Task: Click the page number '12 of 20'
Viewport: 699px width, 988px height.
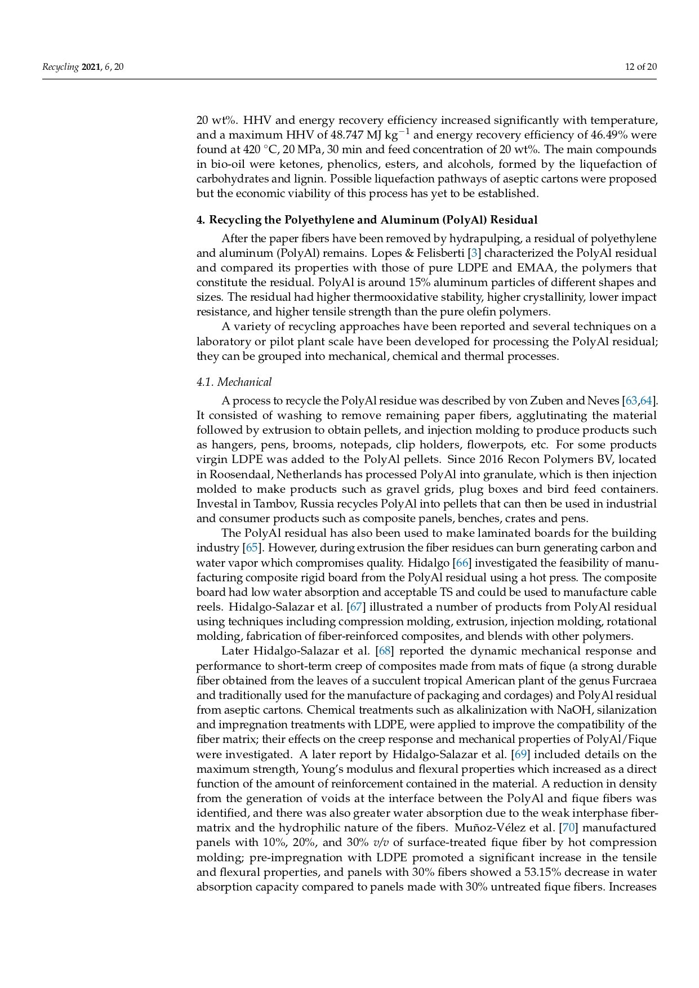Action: point(640,67)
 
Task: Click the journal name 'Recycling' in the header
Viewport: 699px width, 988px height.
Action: point(60,67)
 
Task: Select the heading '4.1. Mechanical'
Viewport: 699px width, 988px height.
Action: point(234,382)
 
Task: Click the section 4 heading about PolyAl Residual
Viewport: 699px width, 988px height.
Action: point(367,220)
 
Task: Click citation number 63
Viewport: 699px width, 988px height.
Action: point(631,400)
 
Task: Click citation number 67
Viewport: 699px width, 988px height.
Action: point(356,607)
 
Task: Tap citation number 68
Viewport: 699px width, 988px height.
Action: point(384,651)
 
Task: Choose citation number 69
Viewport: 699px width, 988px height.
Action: point(520,754)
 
